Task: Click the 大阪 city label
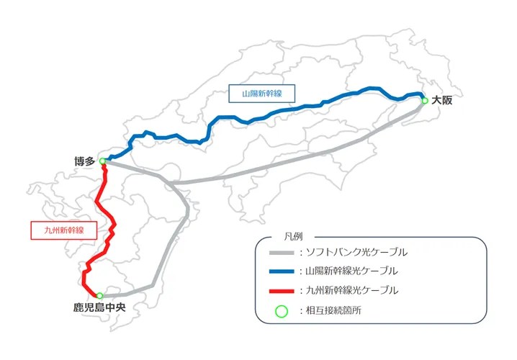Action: (442, 101)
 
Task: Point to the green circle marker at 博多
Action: (103, 161)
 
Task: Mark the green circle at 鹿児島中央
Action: (99, 296)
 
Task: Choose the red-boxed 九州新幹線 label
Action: (58, 230)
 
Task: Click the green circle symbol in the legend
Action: (281, 311)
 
